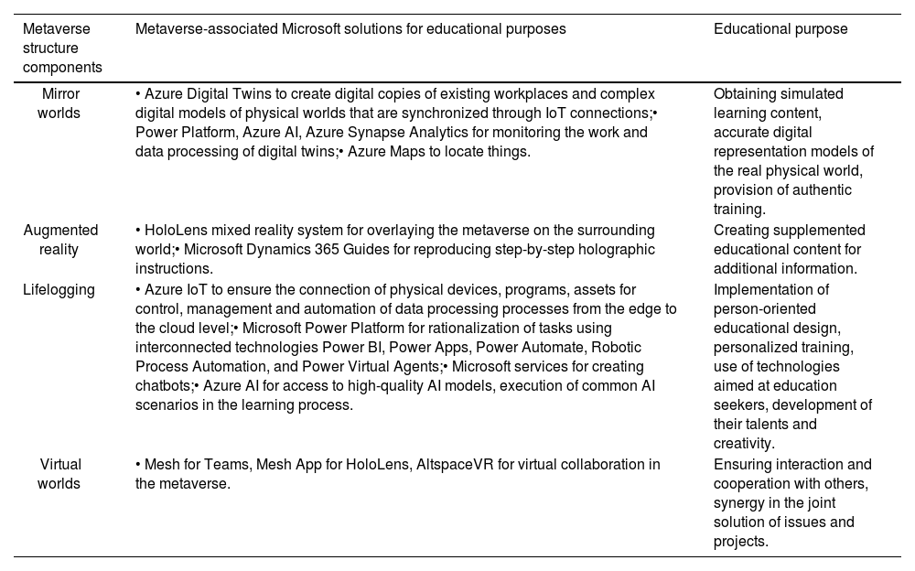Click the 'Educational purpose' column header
pos(780,29)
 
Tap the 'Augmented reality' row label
pos(60,240)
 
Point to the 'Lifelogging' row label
pos(59,289)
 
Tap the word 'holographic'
pos(617,250)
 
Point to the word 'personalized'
pos(755,348)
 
